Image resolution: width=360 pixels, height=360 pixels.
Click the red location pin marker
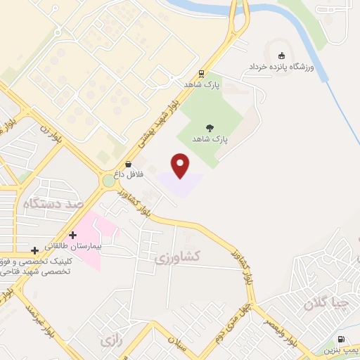click(181, 165)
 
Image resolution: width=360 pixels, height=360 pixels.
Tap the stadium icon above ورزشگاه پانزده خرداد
click(282, 56)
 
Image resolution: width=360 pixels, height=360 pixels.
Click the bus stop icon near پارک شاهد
click(202, 73)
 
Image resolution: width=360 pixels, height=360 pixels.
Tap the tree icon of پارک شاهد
click(210, 127)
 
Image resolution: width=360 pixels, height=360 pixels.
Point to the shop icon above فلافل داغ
click(128, 164)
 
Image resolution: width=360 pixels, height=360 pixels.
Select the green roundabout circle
click(108, 181)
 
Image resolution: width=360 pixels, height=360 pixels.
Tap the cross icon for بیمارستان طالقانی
click(72, 235)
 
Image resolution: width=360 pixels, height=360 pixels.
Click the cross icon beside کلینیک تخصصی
click(34, 250)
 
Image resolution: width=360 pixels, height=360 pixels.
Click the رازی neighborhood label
click(108, 341)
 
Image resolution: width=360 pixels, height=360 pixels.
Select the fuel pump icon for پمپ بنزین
click(342, 340)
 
